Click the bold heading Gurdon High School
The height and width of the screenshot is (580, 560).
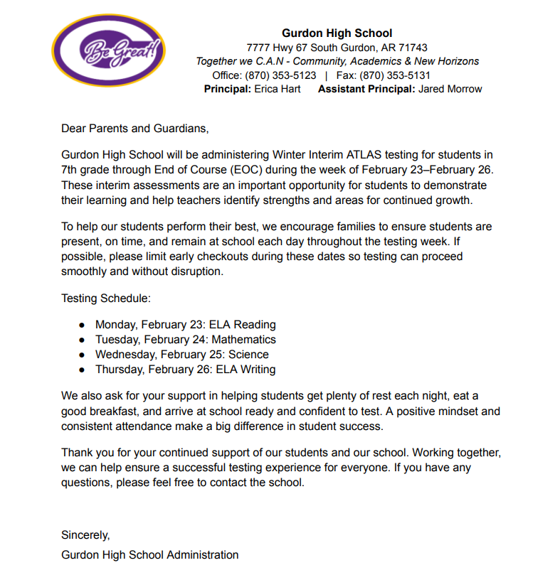pos(337,33)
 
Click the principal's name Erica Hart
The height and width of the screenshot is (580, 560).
pos(278,89)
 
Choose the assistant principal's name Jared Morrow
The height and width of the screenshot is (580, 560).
pos(450,89)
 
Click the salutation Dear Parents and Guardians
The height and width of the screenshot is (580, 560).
pos(135,128)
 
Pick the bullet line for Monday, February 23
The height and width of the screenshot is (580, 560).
pos(185,325)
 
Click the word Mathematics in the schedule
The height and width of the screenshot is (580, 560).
pos(243,340)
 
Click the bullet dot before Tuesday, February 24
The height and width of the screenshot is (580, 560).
pos(82,340)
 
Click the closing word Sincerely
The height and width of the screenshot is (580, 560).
pos(85,535)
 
